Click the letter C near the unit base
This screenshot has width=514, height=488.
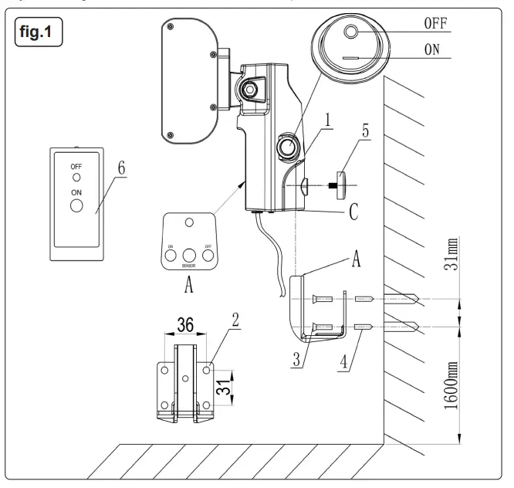353,212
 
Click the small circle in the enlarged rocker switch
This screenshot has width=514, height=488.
352,32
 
